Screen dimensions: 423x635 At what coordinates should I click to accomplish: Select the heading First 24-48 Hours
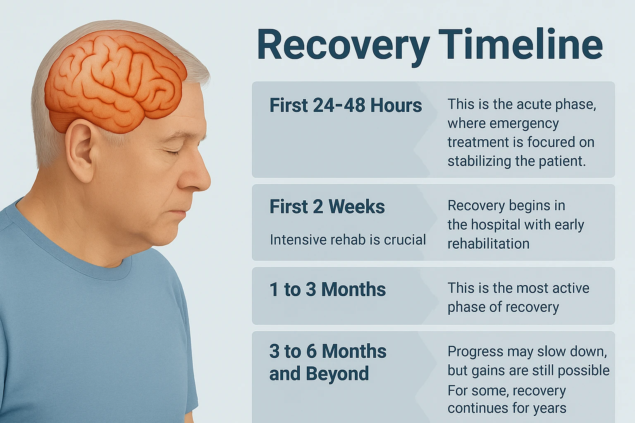tap(346, 105)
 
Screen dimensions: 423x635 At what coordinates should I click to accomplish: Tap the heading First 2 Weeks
tap(327, 207)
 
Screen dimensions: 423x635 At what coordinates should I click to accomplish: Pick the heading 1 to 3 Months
tap(327, 289)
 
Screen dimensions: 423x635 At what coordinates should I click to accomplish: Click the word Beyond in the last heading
tap(337, 374)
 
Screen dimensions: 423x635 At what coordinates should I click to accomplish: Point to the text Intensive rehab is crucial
tap(348, 240)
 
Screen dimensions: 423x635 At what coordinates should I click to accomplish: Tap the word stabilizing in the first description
tap(479, 161)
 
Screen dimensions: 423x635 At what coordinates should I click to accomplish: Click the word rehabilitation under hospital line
tap(488, 244)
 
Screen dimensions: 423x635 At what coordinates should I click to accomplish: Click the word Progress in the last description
tap(474, 352)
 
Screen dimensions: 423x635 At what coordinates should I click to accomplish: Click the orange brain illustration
tap(114, 81)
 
